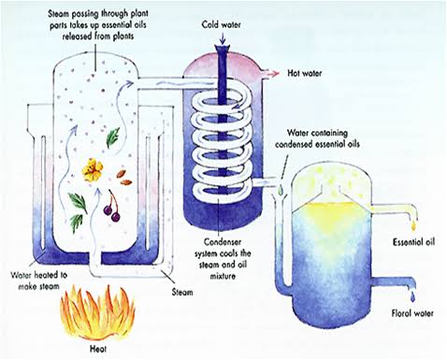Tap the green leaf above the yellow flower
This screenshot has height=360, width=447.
[112, 137]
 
